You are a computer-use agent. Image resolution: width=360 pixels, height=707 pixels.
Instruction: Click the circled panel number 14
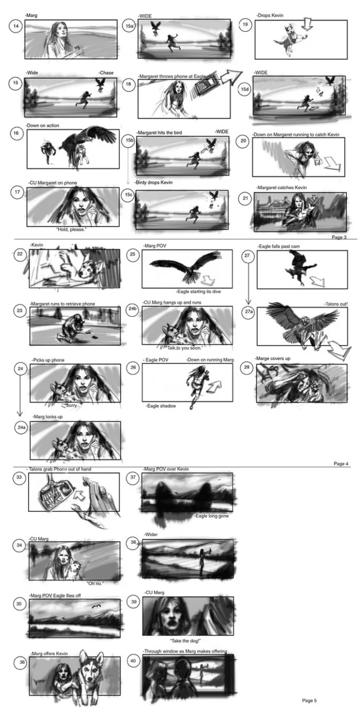pos(15,26)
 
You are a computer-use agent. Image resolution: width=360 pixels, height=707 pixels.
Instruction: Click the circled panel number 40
pos(132,660)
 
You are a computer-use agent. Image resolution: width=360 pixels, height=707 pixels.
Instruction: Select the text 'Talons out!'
pos(335,303)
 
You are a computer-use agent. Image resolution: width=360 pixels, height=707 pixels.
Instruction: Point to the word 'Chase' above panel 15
pos(106,73)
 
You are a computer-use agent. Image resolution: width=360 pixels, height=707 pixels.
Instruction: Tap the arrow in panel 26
pos(214,381)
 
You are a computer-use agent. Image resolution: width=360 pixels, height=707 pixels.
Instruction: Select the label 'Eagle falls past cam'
pos(278,246)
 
